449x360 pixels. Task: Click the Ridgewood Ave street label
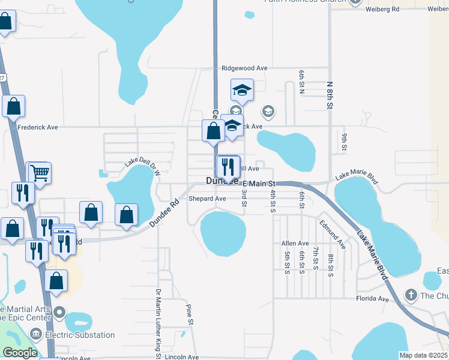point(244,68)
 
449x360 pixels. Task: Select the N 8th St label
point(329,95)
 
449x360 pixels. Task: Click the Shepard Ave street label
point(207,199)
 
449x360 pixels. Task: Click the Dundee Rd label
point(164,212)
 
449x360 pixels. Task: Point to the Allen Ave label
point(295,243)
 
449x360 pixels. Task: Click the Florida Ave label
point(373,298)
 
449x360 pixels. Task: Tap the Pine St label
point(190,314)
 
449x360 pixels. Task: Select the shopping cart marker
point(40,173)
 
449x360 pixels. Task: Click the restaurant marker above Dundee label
point(228,166)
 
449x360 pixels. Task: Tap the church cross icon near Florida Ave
point(411,295)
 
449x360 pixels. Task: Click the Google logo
point(20,353)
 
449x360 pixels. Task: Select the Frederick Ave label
point(38,127)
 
